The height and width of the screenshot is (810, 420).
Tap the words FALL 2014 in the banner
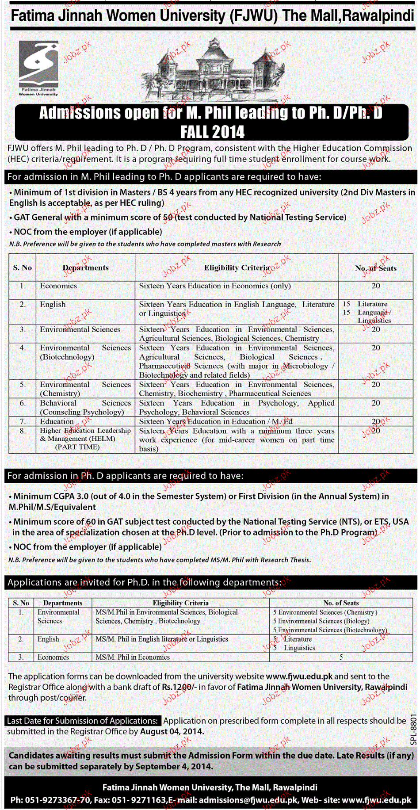tap(212, 132)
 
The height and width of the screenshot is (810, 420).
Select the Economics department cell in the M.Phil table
tap(58, 286)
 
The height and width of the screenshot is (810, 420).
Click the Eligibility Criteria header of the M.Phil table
tap(237, 267)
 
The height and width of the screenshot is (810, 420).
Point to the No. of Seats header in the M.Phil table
tap(375, 268)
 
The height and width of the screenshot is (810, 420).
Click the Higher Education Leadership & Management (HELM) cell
tap(85, 439)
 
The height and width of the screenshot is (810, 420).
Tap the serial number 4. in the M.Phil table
tap(23, 348)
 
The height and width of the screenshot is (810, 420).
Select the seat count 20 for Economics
tap(376, 286)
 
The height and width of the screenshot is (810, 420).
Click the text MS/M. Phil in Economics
tap(133, 657)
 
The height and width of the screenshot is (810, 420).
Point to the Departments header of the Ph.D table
tap(63, 603)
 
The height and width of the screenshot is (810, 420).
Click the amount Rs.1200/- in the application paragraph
tap(179, 687)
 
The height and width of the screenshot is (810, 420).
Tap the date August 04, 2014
tap(172, 732)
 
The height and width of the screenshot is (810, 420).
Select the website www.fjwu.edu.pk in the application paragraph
tap(299, 676)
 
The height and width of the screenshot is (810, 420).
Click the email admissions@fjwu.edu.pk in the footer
tap(248, 800)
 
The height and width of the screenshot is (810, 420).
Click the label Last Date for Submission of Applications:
tap(83, 721)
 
